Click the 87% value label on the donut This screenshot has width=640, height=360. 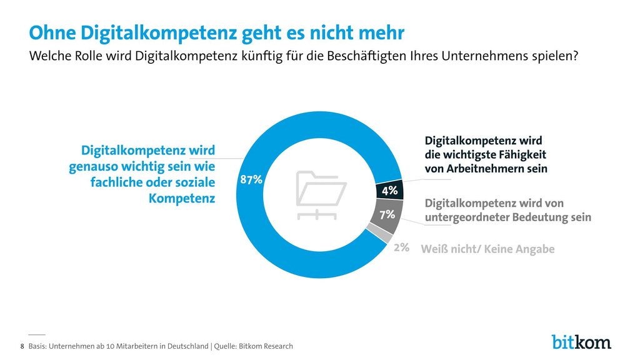(x=251, y=179)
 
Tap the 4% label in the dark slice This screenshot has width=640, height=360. (x=390, y=190)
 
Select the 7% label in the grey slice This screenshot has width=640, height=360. (x=387, y=214)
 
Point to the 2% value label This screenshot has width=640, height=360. (x=402, y=247)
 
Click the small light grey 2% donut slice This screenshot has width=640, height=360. (x=380, y=232)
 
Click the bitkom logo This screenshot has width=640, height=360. (x=581, y=342)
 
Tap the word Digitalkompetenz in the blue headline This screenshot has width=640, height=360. (x=159, y=33)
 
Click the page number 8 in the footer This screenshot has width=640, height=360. (x=22, y=346)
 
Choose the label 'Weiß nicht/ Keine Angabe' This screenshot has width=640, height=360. (x=487, y=249)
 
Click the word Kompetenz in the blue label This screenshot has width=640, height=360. (x=182, y=198)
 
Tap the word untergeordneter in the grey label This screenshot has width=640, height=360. (x=466, y=217)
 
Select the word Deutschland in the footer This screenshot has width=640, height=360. (x=187, y=346)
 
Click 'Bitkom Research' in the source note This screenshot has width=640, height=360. (x=266, y=346)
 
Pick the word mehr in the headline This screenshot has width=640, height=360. (x=381, y=33)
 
